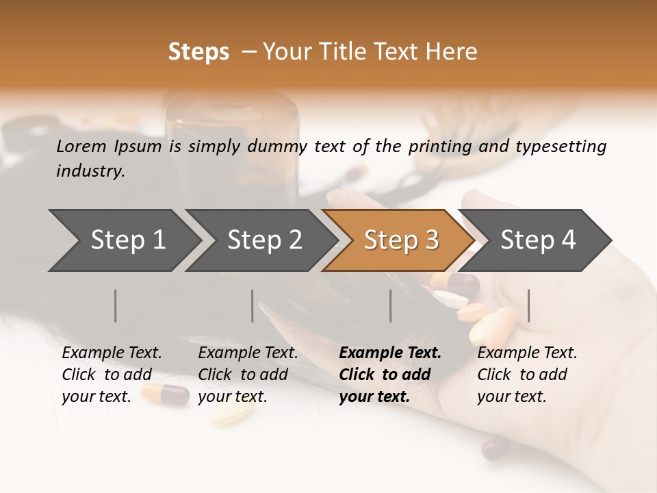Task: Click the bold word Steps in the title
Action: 198,52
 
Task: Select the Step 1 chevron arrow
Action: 123,240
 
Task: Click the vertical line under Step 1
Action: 116,305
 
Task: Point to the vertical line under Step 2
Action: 253,305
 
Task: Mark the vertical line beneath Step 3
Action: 391,305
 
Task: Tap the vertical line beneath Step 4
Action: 529,305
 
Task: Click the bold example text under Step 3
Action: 390,375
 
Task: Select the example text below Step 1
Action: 112,375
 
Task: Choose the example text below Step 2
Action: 248,375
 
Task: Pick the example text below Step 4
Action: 527,375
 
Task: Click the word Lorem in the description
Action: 81,146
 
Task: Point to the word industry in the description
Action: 90,171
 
